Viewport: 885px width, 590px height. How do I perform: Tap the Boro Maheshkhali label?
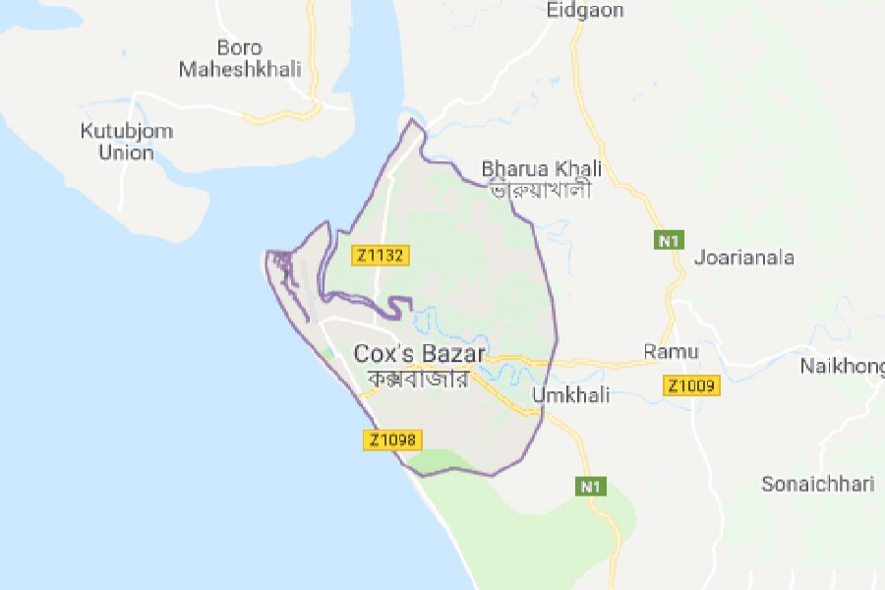pyautogui.click(x=253, y=58)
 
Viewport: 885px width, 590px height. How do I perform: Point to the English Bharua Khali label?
pyautogui.click(x=541, y=168)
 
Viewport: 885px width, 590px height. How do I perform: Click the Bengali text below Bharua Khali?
pyautogui.click(x=541, y=189)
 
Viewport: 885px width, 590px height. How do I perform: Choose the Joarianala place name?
pyautogui.click(x=743, y=259)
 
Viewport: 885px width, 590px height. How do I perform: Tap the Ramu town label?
pyautogui.click(x=671, y=351)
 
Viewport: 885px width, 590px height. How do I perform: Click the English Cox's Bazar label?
pyautogui.click(x=420, y=354)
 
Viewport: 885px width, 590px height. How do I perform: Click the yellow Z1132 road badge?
pyautogui.click(x=380, y=256)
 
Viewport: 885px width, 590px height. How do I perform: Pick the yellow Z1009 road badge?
pyautogui.click(x=693, y=386)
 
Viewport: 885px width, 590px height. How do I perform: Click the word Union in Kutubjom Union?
pyautogui.click(x=126, y=153)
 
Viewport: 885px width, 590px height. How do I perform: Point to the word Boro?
pyautogui.click(x=237, y=46)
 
